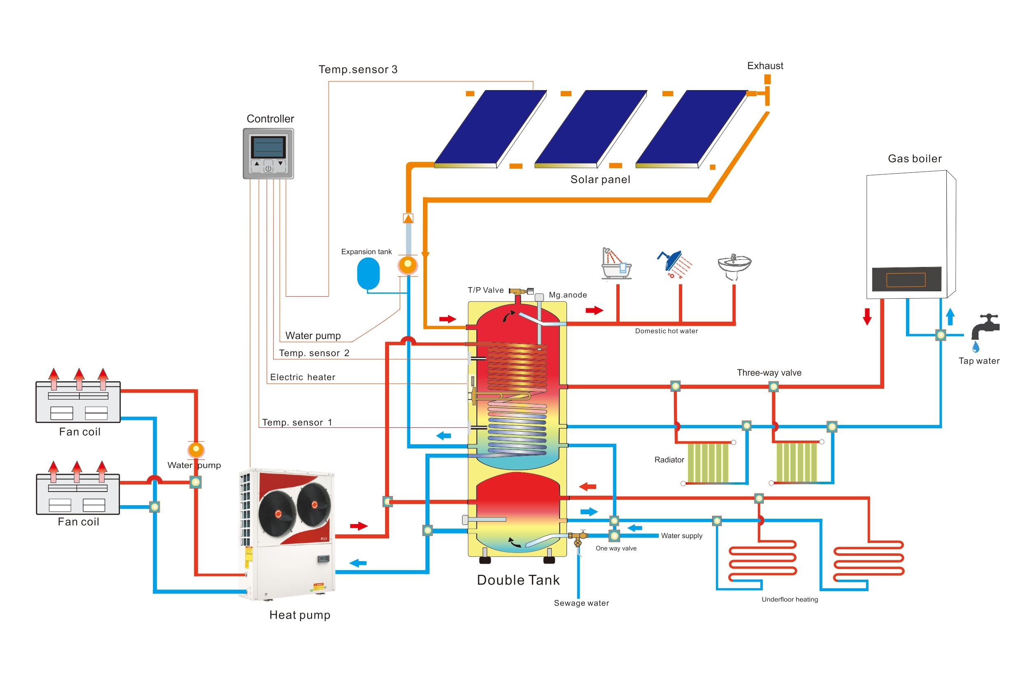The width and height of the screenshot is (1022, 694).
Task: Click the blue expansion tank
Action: [x=368, y=273]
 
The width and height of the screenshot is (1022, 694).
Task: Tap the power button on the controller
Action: [x=268, y=168]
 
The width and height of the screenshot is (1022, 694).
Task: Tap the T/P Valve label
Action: [x=485, y=290]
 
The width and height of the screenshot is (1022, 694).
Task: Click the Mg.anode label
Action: [x=568, y=295]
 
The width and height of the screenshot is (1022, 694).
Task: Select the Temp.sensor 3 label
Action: [x=358, y=70]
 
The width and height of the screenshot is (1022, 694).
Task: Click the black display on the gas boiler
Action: [x=906, y=279]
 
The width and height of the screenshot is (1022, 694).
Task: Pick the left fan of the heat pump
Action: [x=277, y=514]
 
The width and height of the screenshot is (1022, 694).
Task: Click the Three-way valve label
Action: [x=769, y=373]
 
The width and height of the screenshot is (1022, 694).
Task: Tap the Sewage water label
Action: [x=581, y=603]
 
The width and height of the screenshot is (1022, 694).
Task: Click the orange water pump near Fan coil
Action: [x=196, y=450]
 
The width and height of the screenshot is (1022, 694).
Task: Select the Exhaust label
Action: [x=765, y=66]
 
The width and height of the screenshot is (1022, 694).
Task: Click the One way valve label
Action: [x=616, y=548]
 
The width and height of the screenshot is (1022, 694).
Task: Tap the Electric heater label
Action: [x=302, y=377]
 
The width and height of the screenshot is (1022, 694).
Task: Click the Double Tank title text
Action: [x=518, y=580]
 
